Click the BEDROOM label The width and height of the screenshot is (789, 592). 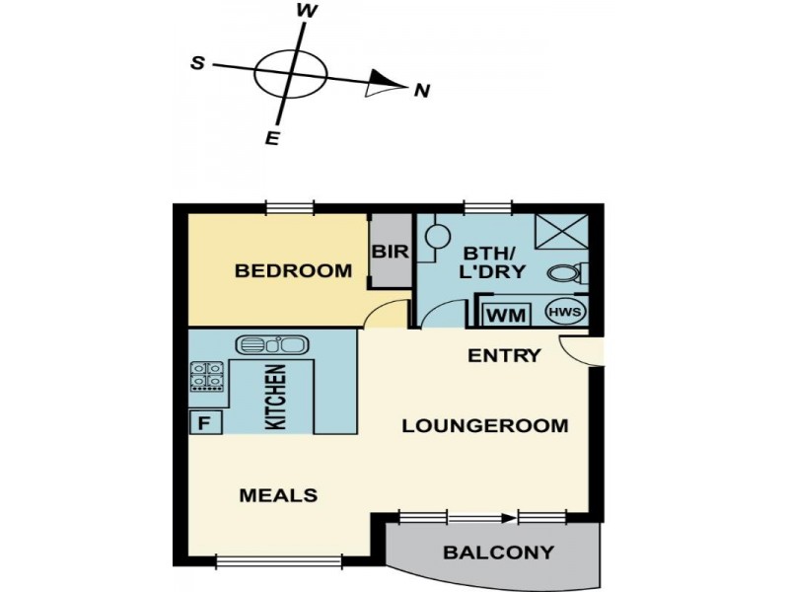293,270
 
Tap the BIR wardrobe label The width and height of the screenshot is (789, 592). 391,252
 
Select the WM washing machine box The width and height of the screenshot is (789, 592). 506,316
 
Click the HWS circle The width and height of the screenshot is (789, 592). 565,312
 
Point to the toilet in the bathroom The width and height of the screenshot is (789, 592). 569,273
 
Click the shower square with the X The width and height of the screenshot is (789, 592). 561,232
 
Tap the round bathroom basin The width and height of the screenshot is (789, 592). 437,236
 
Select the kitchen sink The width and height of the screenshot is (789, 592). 270,344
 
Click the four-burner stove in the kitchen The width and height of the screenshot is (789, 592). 207,376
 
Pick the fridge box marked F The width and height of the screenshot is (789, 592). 205,422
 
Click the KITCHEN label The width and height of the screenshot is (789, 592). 276,398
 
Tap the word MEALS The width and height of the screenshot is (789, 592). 278,496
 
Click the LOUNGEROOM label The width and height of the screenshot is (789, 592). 485,426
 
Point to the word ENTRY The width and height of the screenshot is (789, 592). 504,356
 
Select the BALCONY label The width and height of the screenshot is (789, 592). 499,553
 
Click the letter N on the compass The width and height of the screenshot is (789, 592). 422,91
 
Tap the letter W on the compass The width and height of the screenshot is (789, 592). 307,11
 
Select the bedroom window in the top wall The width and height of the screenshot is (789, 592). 290,207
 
